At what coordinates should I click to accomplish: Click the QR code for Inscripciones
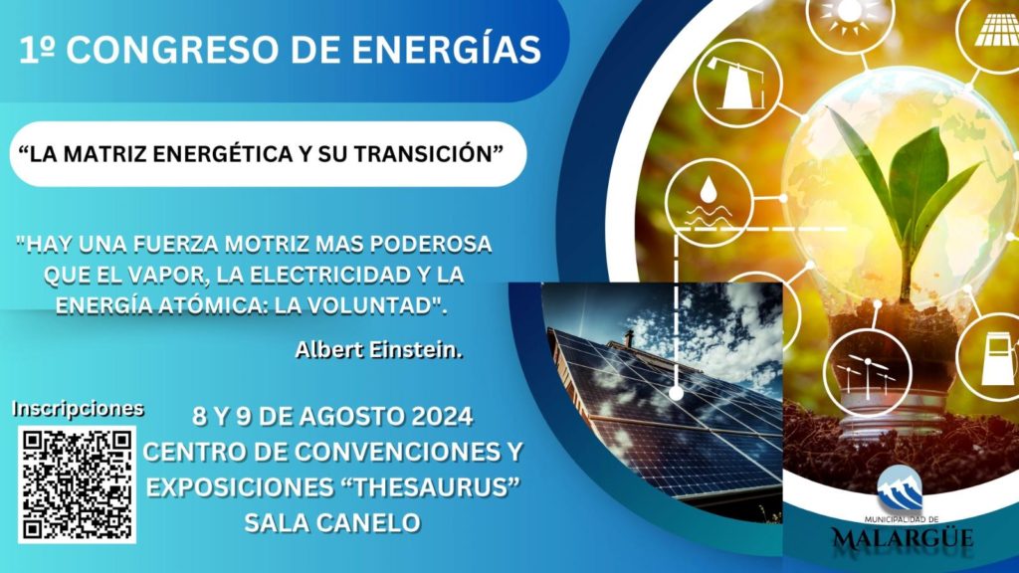(x=77, y=484)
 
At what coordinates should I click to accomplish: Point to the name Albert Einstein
(x=379, y=349)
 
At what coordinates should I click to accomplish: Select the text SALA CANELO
(x=332, y=522)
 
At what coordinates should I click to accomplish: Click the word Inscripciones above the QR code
(x=78, y=409)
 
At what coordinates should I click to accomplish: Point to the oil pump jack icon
(x=737, y=83)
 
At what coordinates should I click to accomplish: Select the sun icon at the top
(x=850, y=14)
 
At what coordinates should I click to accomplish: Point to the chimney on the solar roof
(x=629, y=338)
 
